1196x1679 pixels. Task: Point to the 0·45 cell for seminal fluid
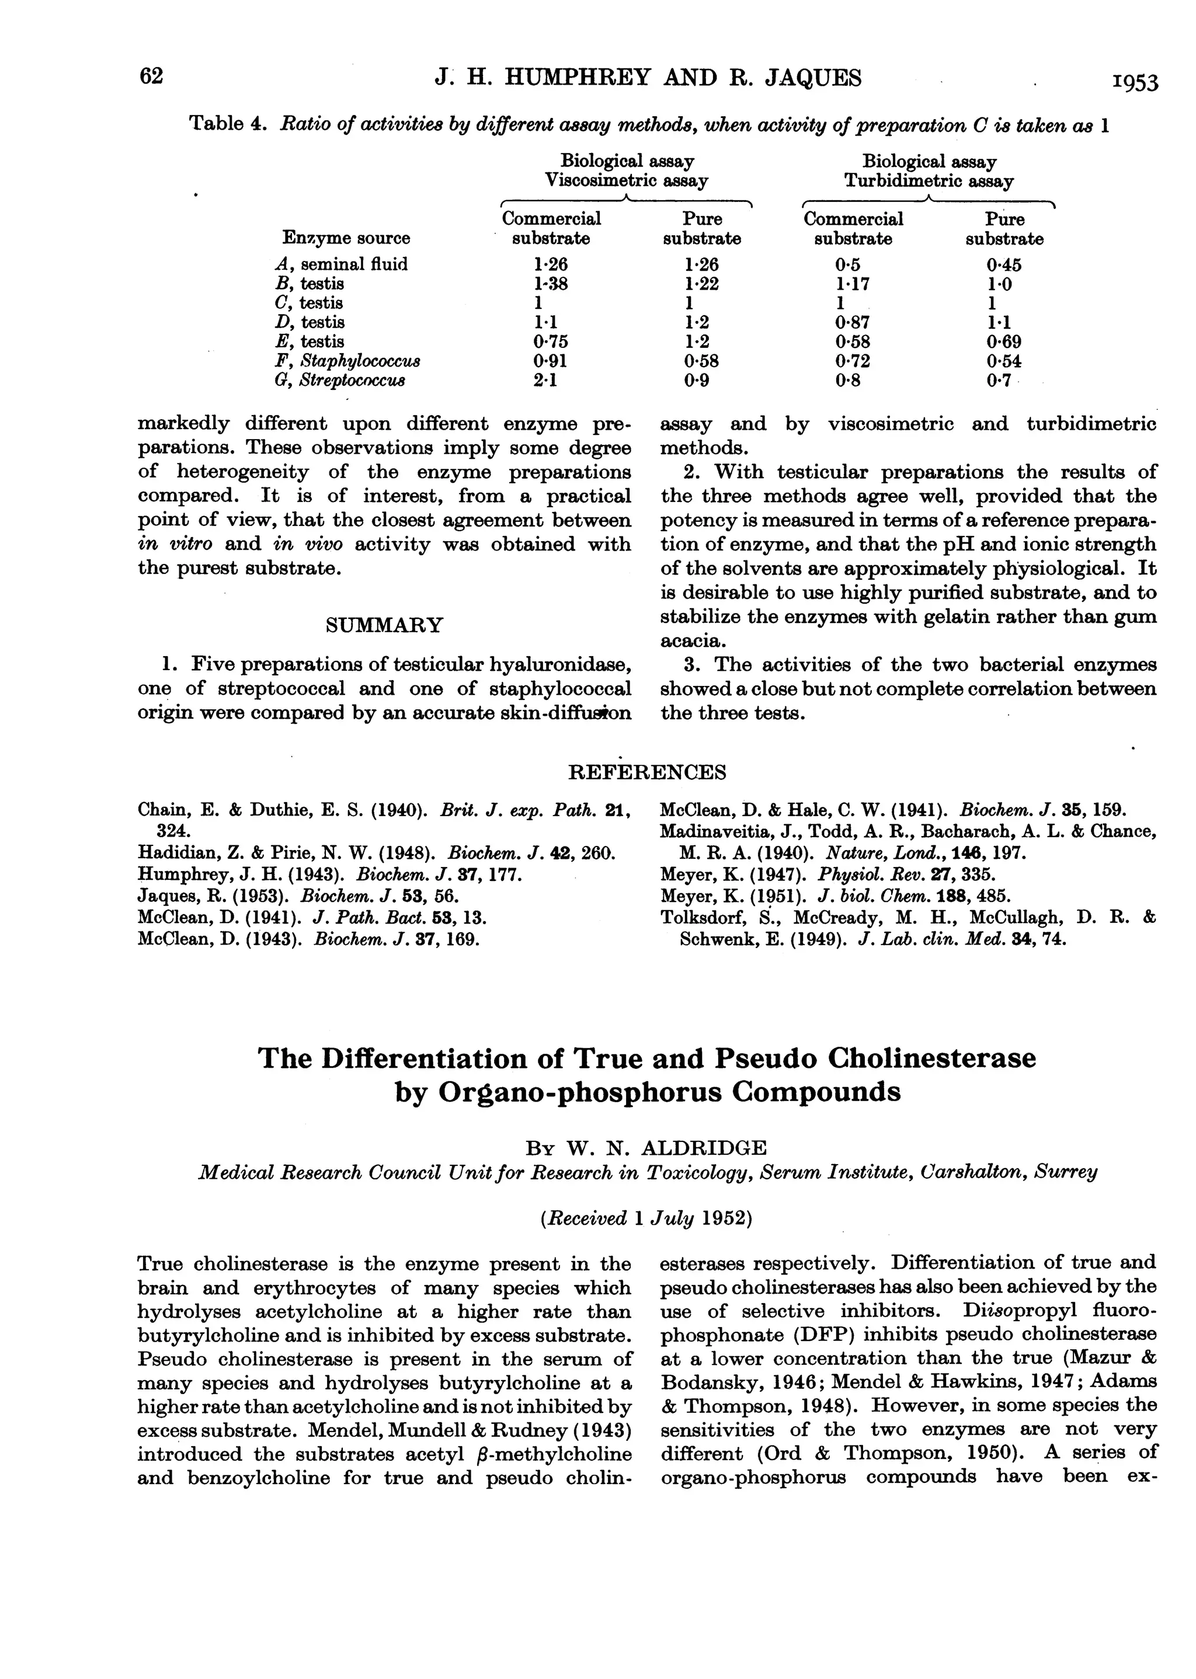(x=1004, y=264)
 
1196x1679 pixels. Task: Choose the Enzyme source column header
(x=346, y=238)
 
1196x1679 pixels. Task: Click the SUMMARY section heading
(x=384, y=625)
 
